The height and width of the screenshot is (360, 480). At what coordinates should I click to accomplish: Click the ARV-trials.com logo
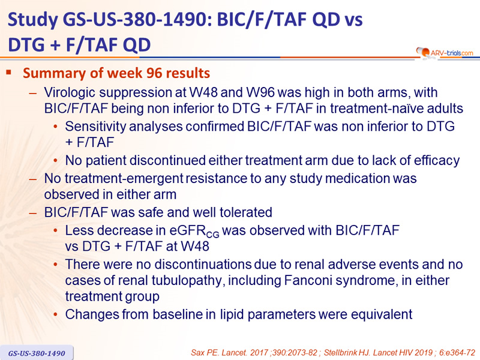(x=445, y=52)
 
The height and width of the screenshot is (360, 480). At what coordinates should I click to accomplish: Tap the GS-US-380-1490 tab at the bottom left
(x=37, y=353)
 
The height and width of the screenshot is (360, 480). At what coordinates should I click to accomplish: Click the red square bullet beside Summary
(x=8, y=73)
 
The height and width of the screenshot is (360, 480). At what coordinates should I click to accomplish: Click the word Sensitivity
(x=93, y=127)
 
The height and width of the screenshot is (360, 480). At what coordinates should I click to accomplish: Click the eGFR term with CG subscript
(x=194, y=231)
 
